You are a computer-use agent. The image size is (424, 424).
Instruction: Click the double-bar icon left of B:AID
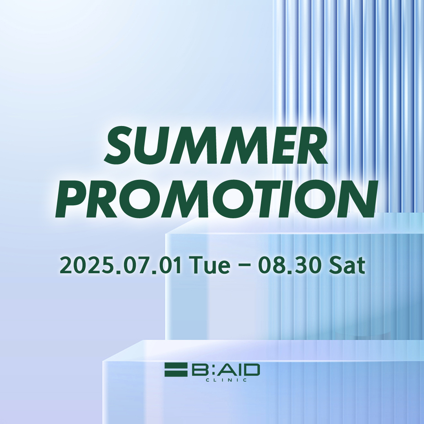176,370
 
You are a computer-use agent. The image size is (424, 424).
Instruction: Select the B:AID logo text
226,370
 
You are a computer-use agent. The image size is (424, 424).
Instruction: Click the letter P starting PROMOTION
71,199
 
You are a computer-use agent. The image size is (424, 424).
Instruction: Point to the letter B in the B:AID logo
201,370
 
